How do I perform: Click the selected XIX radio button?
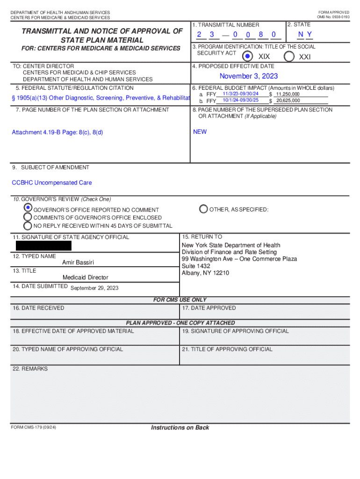point(248,56)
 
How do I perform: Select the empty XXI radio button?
point(289,56)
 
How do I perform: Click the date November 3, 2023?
point(249,76)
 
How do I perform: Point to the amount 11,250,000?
point(288,94)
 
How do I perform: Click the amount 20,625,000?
point(288,101)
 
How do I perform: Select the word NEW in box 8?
point(200,132)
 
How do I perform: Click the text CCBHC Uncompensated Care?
point(52,183)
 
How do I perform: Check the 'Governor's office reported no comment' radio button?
point(28,208)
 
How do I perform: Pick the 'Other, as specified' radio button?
point(203,209)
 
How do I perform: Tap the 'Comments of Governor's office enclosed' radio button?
point(28,217)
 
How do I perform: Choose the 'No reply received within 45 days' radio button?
point(28,225)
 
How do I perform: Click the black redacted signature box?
point(43,246)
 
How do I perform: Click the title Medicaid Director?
point(85,277)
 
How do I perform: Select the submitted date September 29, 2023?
point(94,288)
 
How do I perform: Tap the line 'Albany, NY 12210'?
point(205,273)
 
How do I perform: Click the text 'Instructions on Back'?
point(180,428)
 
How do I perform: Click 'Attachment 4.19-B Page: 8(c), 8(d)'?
point(58,132)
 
